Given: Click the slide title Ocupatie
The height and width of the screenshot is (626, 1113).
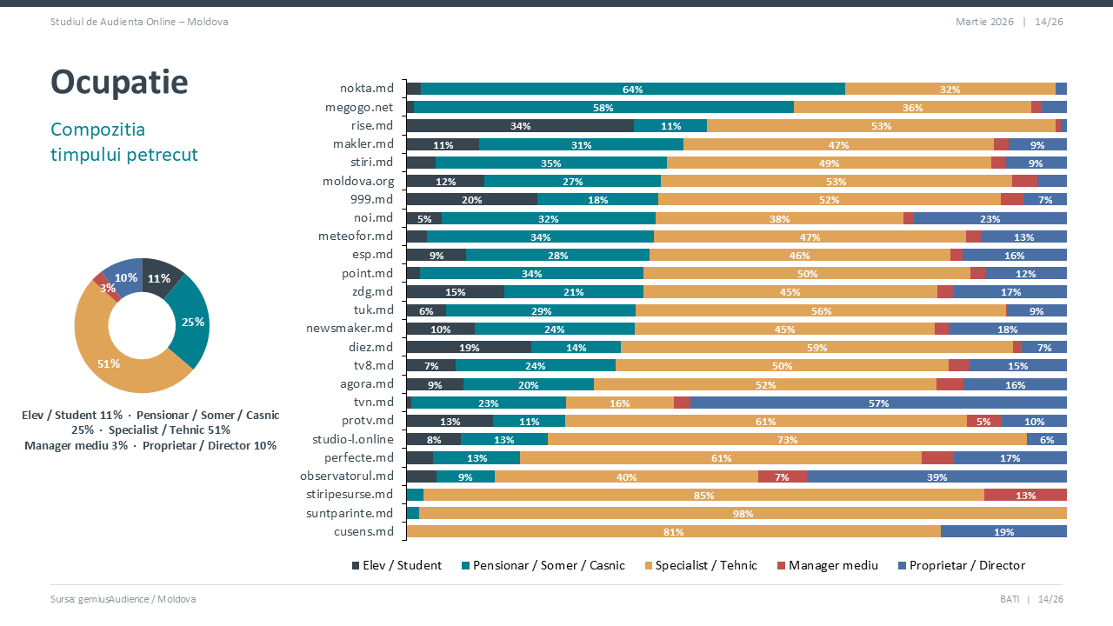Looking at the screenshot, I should click(119, 82).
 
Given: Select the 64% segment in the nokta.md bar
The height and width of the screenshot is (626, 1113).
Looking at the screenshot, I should click(632, 89).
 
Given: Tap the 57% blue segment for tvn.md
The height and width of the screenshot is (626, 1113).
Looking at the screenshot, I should click(878, 403).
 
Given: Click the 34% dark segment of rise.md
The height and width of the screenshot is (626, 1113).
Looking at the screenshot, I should click(520, 126).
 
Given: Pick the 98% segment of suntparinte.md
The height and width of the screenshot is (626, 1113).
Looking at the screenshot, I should click(743, 513).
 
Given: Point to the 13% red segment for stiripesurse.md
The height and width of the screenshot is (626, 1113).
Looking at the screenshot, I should click(1025, 495).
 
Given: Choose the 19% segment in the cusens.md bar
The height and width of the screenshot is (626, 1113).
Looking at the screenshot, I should click(1003, 531).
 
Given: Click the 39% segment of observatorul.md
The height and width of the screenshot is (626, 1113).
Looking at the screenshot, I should click(936, 476).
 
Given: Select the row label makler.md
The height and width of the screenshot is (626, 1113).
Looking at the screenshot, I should click(363, 144).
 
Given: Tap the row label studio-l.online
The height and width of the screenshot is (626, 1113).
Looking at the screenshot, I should click(353, 439).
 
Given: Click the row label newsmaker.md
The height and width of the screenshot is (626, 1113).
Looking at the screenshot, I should click(350, 329).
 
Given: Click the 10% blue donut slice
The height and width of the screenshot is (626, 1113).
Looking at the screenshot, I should click(125, 276).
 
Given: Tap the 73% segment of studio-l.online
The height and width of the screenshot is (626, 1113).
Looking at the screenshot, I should click(787, 439).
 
